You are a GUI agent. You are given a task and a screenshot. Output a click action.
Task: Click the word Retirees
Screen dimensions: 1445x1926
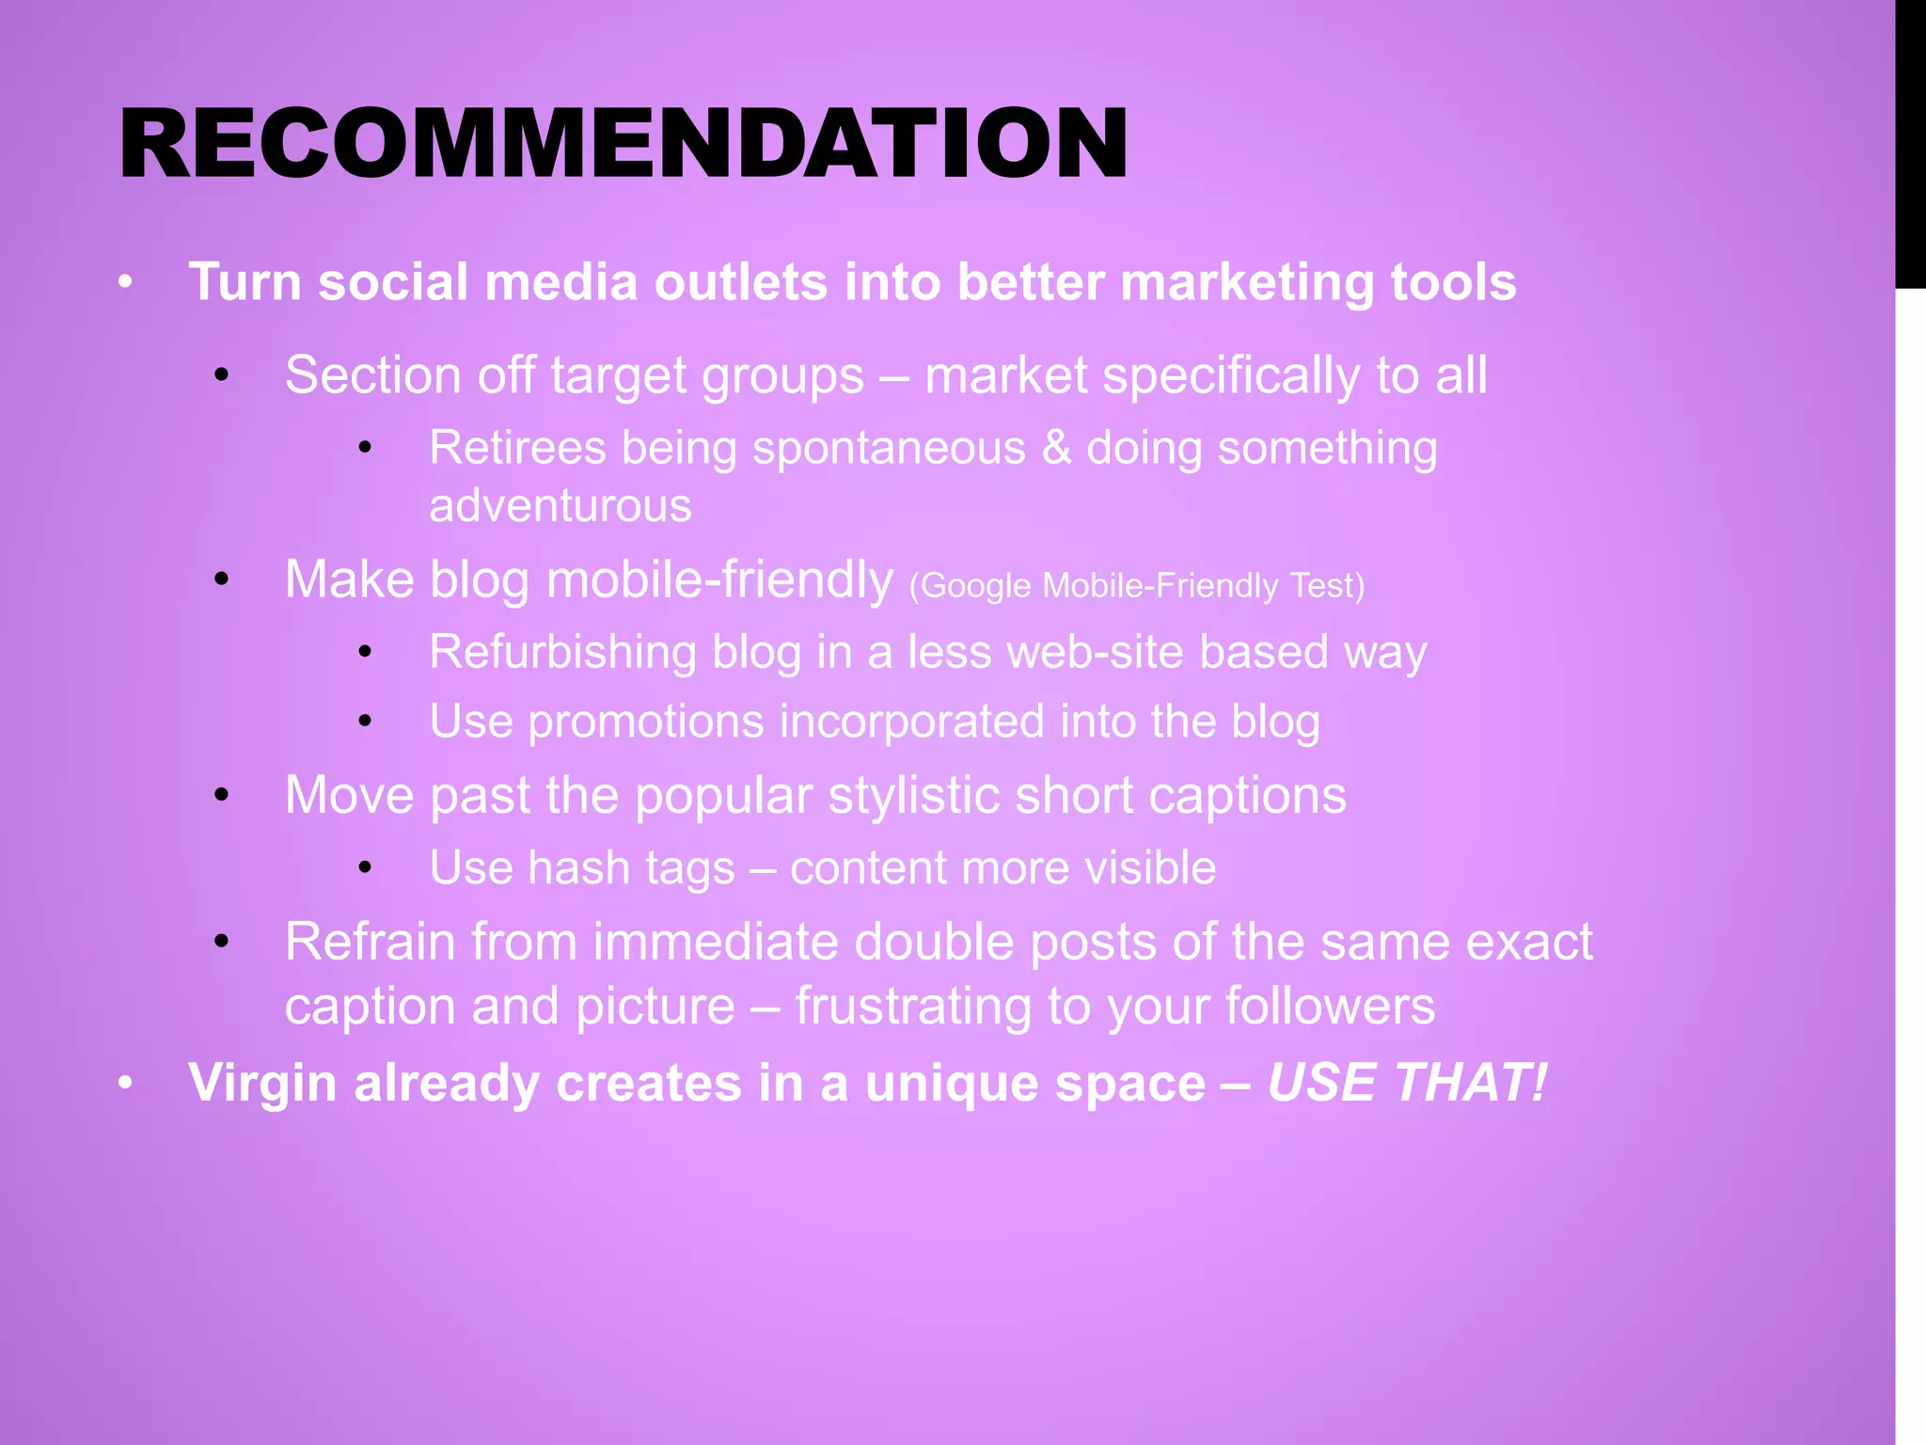[517, 448]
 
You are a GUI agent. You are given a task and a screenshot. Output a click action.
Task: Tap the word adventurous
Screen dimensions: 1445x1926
[560, 506]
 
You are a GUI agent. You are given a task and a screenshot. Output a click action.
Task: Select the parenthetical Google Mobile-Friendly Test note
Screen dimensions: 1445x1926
[1136, 586]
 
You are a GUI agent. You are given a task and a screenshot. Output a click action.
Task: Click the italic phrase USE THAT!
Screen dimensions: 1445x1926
[1406, 1083]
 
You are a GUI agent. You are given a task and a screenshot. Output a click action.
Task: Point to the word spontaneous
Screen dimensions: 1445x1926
[889, 448]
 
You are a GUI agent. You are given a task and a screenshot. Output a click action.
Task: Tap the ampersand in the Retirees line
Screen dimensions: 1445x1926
[1056, 448]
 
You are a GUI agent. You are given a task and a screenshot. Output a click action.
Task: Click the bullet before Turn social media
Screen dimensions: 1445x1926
[126, 282]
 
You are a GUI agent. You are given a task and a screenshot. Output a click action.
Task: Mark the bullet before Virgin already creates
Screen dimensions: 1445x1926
[126, 1084]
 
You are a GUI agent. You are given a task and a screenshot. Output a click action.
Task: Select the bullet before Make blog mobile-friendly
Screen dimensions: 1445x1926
[222, 580]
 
